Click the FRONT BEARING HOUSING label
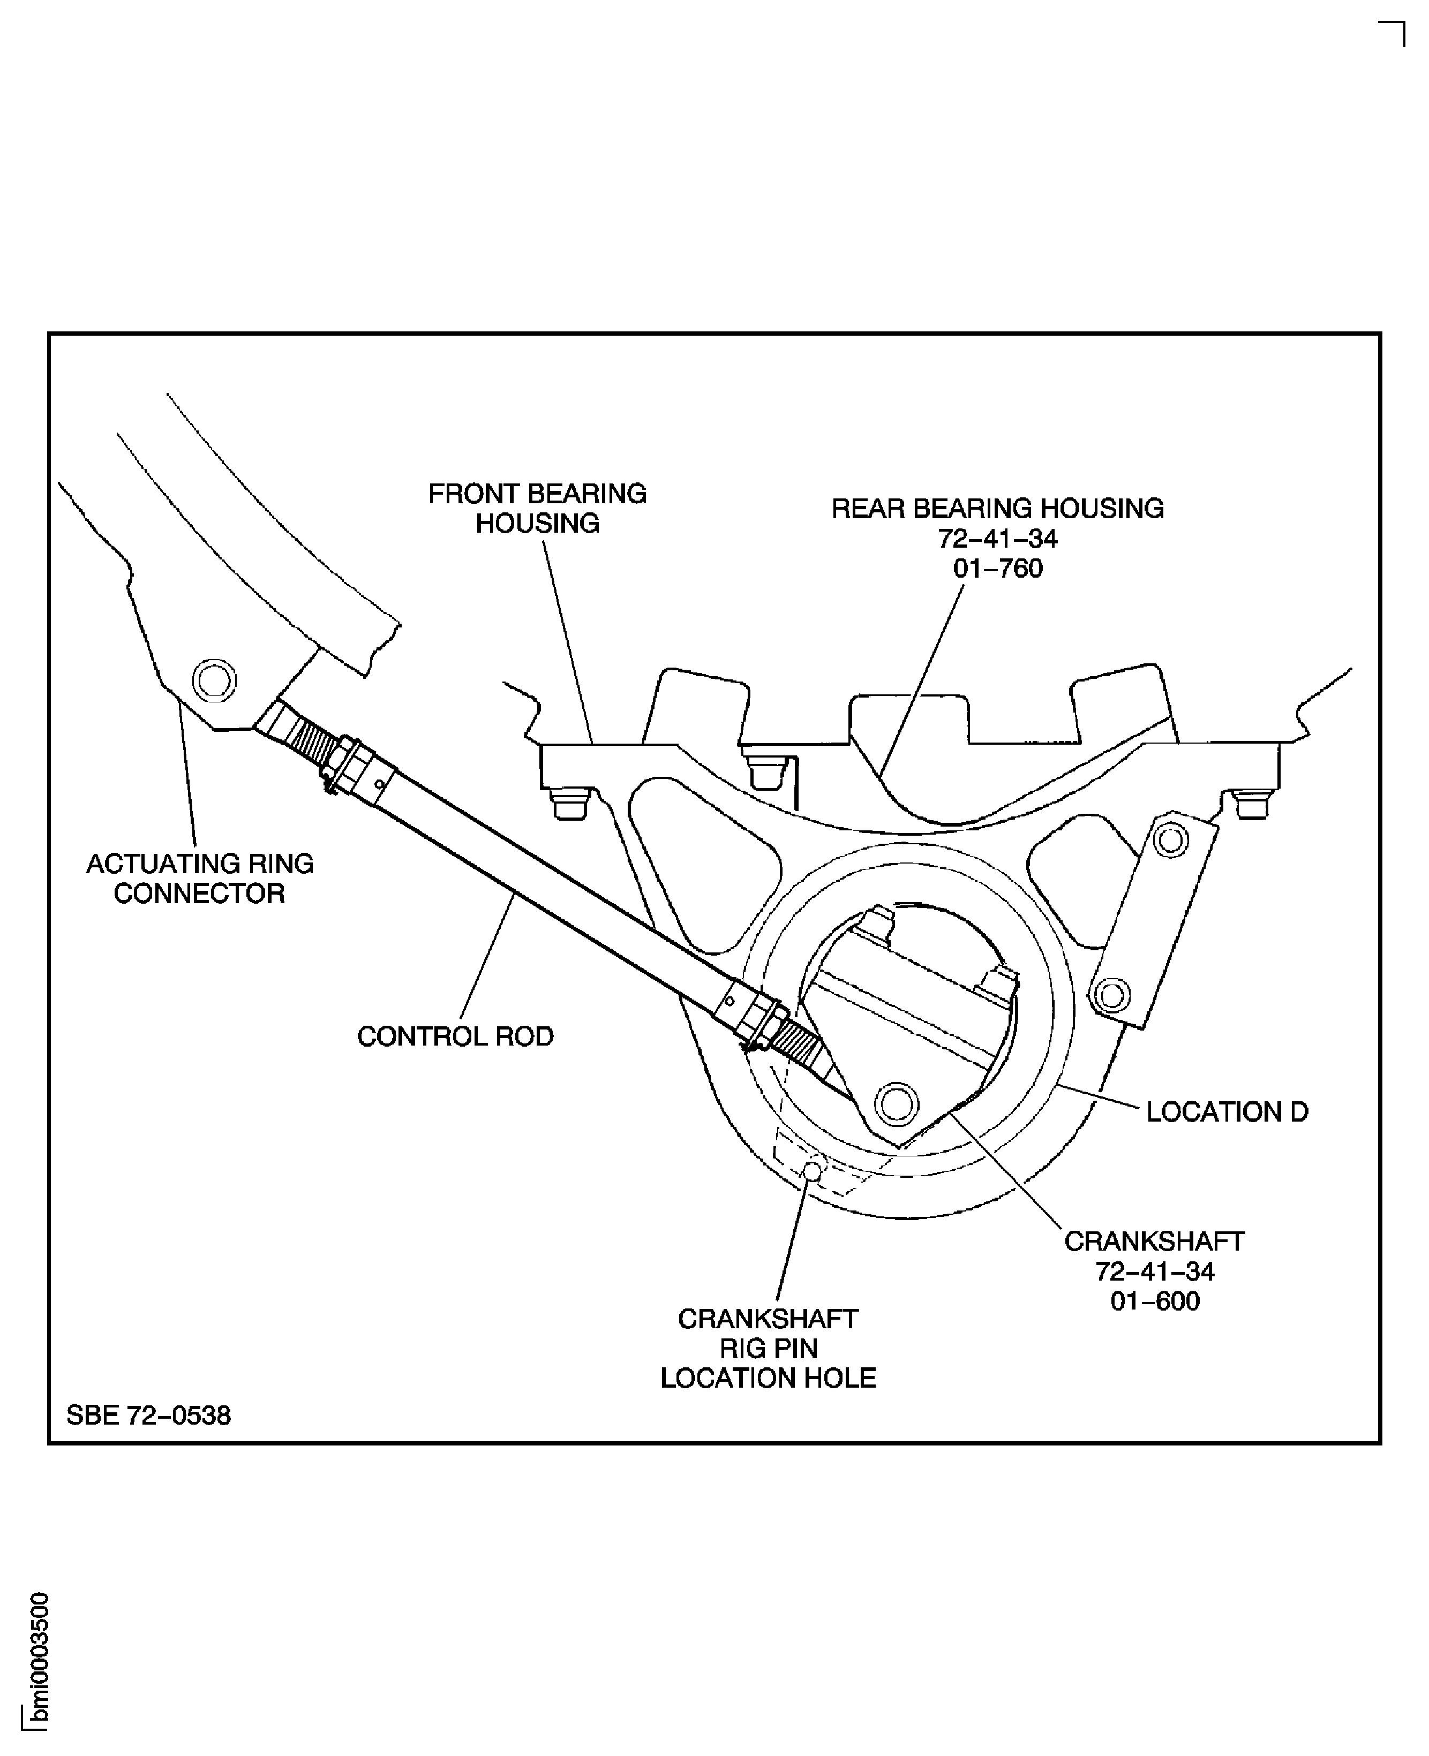coord(537,509)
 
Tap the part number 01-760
coord(998,569)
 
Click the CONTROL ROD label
coord(455,1036)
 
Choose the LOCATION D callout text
coord(1227,1112)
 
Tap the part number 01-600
coord(1155,1301)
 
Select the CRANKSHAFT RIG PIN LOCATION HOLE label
coord(768,1348)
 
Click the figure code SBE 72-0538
coord(149,1416)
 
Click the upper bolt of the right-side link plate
coord(1170,840)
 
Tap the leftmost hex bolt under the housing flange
coord(570,803)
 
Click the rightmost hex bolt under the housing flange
coord(1251,803)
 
